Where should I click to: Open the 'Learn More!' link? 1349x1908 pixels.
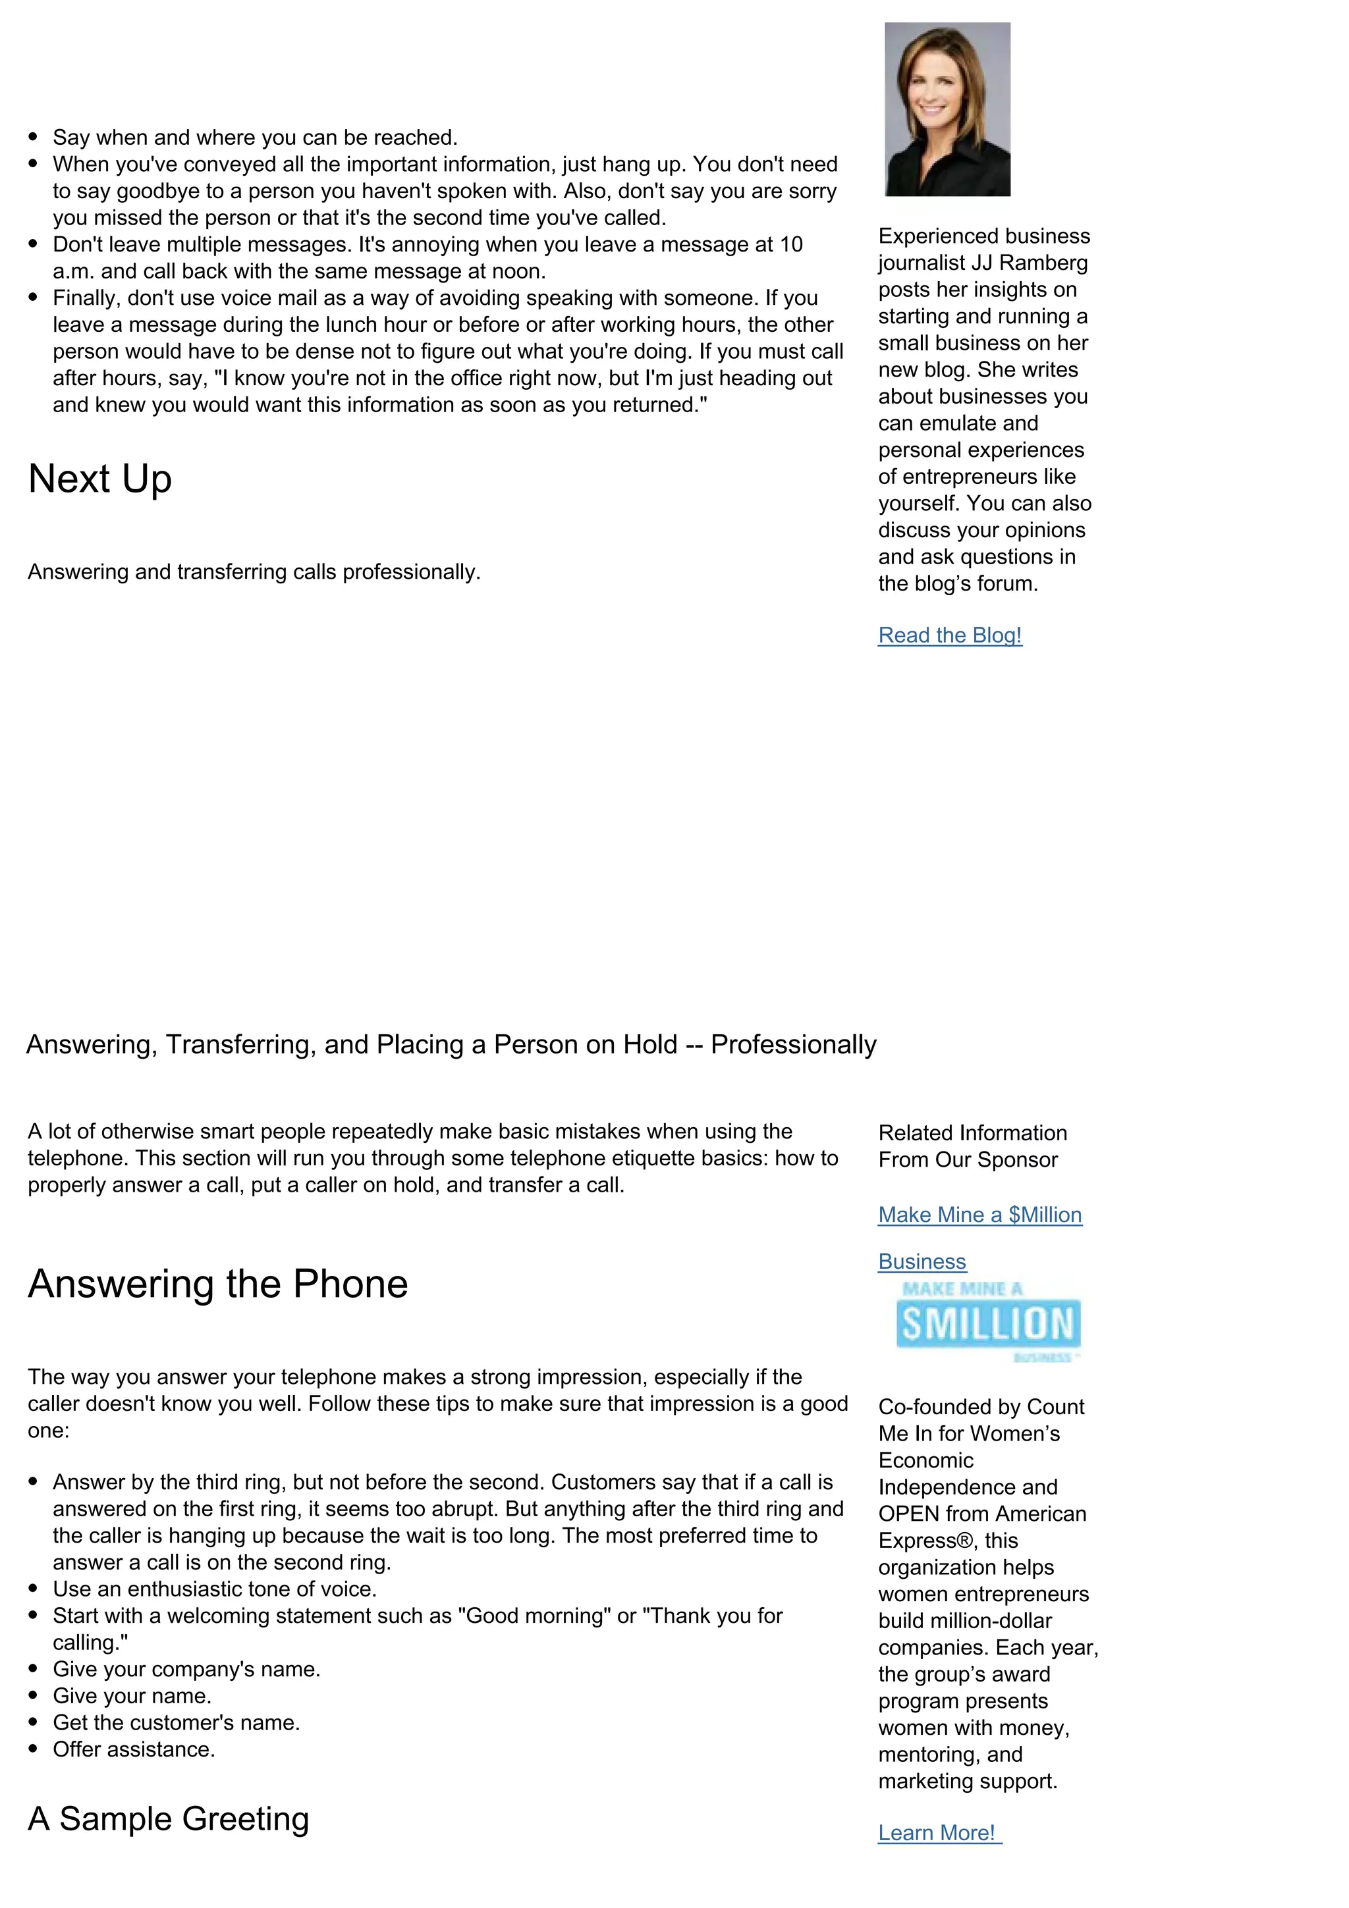pyautogui.click(x=937, y=1832)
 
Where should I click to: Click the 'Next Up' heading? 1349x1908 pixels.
pyautogui.click(x=99, y=479)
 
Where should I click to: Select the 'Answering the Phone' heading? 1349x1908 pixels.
pyautogui.click(x=218, y=1284)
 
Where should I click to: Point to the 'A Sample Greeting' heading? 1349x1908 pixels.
pyautogui.click(x=168, y=1818)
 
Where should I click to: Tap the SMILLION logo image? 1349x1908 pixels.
pyautogui.click(x=987, y=1323)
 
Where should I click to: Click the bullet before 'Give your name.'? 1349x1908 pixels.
pyautogui.click(x=33, y=1696)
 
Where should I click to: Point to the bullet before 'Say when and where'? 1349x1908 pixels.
pyautogui.click(x=33, y=137)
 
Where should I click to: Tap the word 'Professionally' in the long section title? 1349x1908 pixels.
pyautogui.click(x=793, y=1045)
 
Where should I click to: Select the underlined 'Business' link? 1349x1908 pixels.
pyautogui.click(x=922, y=1261)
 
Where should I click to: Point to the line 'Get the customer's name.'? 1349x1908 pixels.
pyautogui.click(x=177, y=1723)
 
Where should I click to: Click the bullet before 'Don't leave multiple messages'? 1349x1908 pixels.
pyautogui.click(x=33, y=244)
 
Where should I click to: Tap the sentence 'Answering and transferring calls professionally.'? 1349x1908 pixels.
pyautogui.click(x=254, y=573)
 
